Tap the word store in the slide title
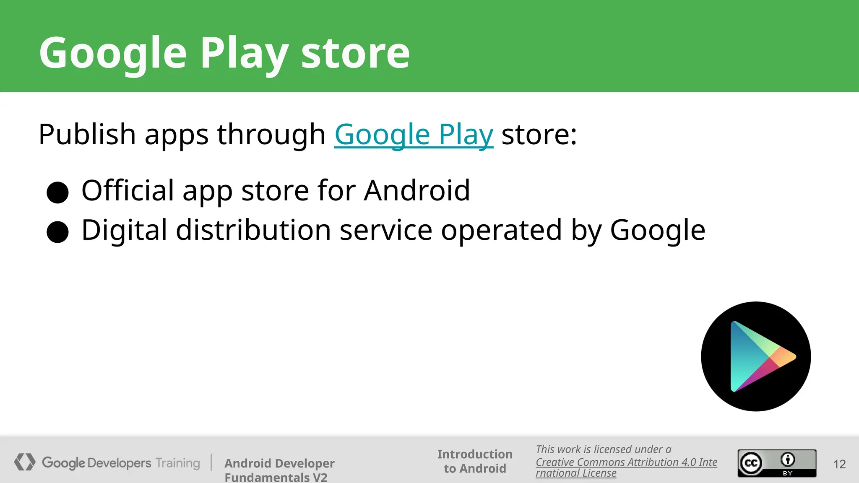coord(355,53)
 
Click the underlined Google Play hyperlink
coord(414,135)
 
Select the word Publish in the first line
coord(87,135)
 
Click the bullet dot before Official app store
coord(57,192)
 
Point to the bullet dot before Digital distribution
coord(57,232)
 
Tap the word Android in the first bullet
coord(417,190)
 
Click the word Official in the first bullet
coord(128,190)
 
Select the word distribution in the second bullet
coord(253,230)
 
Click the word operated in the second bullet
coord(501,230)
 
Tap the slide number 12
coord(839,464)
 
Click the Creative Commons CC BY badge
coord(777,463)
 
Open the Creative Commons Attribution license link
coord(626,462)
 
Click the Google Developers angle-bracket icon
coord(25,462)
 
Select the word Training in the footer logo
coord(178,463)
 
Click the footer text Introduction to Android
coord(475,461)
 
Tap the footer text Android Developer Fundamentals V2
coord(279,470)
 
